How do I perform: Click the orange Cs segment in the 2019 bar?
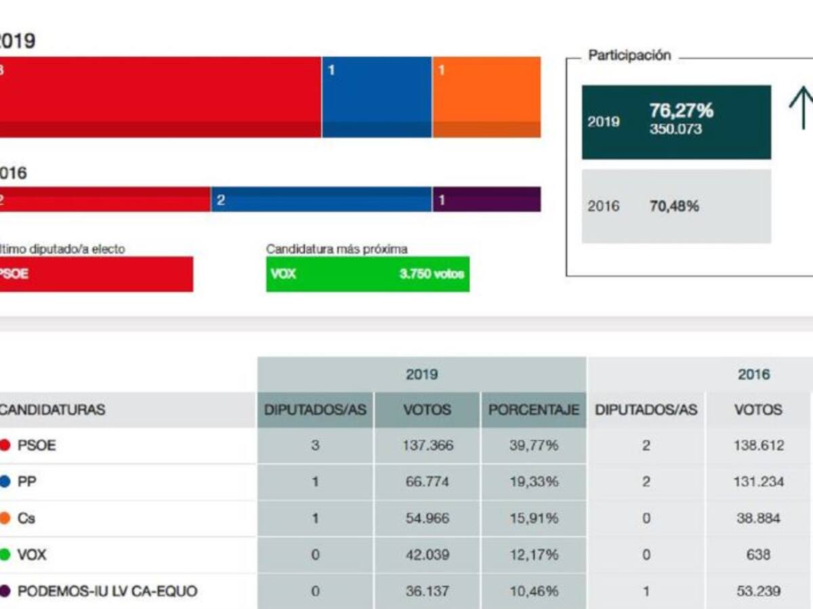(486, 97)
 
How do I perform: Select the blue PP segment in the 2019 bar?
(377, 97)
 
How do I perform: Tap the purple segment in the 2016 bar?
(486, 200)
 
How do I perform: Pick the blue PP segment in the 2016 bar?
(321, 200)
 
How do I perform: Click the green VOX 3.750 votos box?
(367, 274)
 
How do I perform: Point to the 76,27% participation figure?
(681, 111)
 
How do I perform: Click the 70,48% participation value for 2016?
(673, 206)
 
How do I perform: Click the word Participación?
(629, 55)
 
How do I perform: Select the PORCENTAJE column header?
(534, 409)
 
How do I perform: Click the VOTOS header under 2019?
(427, 409)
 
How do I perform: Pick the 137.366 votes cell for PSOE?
(428, 445)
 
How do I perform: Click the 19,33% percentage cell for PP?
(534, 482)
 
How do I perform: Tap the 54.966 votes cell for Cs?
(428, 518)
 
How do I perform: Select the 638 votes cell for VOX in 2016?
(757, 555)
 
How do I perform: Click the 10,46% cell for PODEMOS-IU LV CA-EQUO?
(534, 591)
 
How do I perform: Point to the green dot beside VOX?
(5, 555)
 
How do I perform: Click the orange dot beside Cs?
(5, 518)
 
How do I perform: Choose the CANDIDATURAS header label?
(53, 410)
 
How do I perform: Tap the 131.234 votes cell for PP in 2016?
(758, 482)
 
